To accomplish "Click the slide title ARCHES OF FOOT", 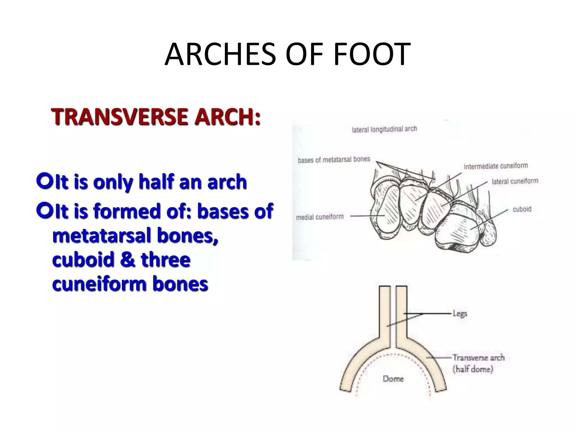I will (x=287, y=54).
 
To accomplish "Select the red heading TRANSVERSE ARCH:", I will (x=156, y=117).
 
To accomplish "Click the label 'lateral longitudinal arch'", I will (x=384, y=129).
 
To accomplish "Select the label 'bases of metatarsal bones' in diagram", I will (x=334, y=160).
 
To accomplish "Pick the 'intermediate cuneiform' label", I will (x=496, y=166).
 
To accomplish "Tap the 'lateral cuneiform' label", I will (x=515, y=181).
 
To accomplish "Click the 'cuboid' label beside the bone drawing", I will (x=522, y=209).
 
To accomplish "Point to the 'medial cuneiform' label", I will (x=320, y=217).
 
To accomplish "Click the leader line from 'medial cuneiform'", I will (x=366, y=216).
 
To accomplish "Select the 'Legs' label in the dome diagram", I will (x=460, y=313).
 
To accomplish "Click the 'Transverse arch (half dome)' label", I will (x=478, y=363).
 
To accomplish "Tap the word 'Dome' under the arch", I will (x=393, y=379).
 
